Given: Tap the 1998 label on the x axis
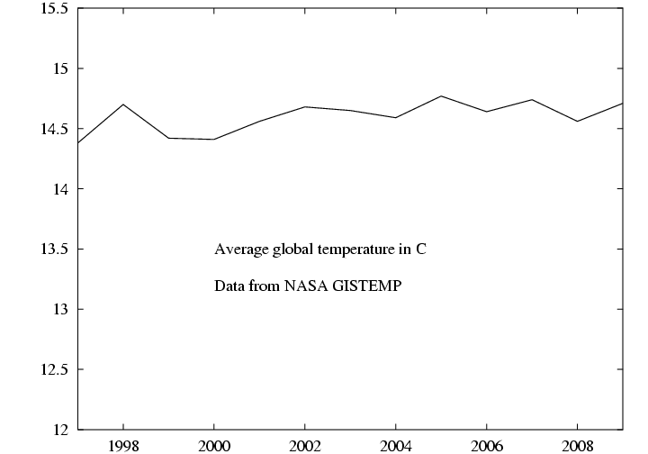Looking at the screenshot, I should click(x=123, y=445).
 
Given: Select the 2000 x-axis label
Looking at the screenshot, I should click(x=214, y=445).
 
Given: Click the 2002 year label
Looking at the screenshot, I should click(x=305, y=445).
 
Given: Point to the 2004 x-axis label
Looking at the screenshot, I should click(x=396, y=445).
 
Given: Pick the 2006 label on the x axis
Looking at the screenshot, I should click(x=487, y=445).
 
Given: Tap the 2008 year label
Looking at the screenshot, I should click(x=577, y=445).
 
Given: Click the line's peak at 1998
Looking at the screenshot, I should click(x=123, y=104).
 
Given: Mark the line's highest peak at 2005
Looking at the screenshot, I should click(x=441, y=95).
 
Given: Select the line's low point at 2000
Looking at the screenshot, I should click(x=214, y=140).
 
